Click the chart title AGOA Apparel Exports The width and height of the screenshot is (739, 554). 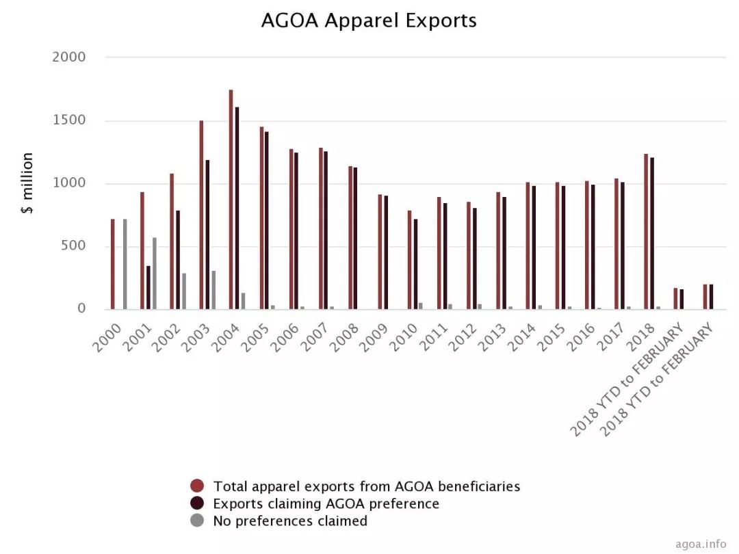pos(369,21)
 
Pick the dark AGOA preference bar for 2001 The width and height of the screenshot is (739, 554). pos(148,287)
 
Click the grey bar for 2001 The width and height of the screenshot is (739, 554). pos(155,274)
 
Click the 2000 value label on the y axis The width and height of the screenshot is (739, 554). pos(69,57)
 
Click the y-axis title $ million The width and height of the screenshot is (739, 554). pos(27,183)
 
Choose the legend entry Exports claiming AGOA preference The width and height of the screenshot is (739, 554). pos(326,504)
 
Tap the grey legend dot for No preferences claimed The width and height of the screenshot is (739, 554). pos(198,521)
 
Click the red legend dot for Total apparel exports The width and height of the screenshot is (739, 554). pos(198,486)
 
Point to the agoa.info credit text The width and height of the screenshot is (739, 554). pos(701,544)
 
